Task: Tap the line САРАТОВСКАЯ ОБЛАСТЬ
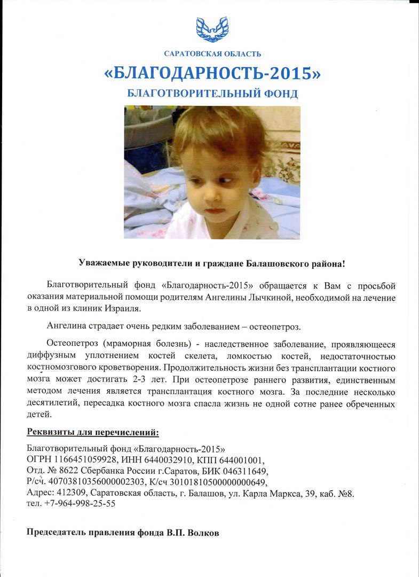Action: point(212,53)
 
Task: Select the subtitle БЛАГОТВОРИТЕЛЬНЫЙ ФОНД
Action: point(212,93)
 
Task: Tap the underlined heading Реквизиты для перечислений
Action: point(93,432)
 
